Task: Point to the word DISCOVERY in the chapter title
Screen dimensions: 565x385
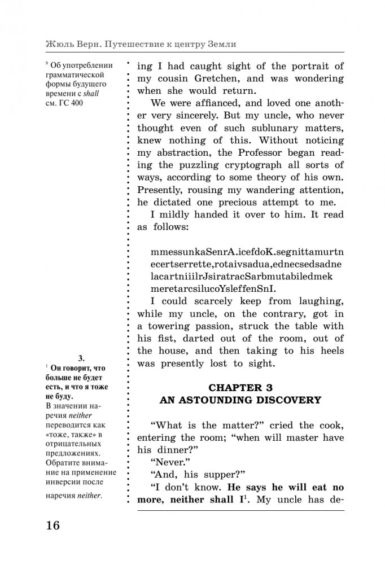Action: (x=289, y=400)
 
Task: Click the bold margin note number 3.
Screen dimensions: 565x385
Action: (x=81, y=357)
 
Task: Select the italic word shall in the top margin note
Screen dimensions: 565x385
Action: (x=90, y=94)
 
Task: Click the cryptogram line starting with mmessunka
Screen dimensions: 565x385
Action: (x=240, y=252)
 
